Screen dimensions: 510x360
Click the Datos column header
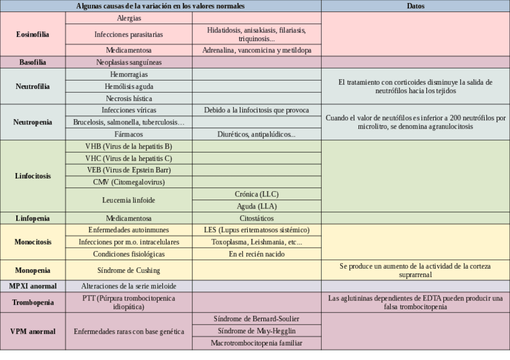[415, 6]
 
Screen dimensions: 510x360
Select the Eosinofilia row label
[32, 34]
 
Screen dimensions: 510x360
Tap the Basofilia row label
[32, 62]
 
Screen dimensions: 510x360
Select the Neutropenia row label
[32, 122]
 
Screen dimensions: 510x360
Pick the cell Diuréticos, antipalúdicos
[256, 134]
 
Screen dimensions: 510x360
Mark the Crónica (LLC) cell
[256, 194]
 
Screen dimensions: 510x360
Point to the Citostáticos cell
[256, 218]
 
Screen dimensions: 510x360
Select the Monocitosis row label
[32, 242]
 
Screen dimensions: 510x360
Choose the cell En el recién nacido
[256, 254]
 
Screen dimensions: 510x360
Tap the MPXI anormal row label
[32, 285]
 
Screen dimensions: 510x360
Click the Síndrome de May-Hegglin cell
[256, 331]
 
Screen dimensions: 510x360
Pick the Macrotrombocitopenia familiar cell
[256, 343]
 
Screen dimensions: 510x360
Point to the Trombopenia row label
[32, 302]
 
